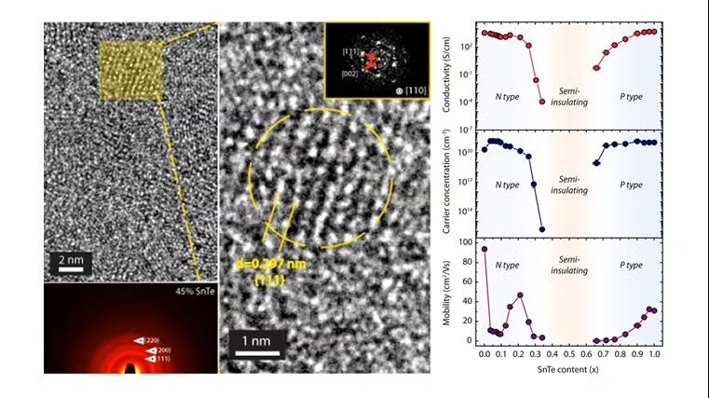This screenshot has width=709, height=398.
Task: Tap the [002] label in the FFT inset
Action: [x=348, y=71]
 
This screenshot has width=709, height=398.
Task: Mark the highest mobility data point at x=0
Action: [x=484, y=249]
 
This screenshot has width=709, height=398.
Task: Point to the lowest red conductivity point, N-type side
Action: [x=542, y=102]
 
